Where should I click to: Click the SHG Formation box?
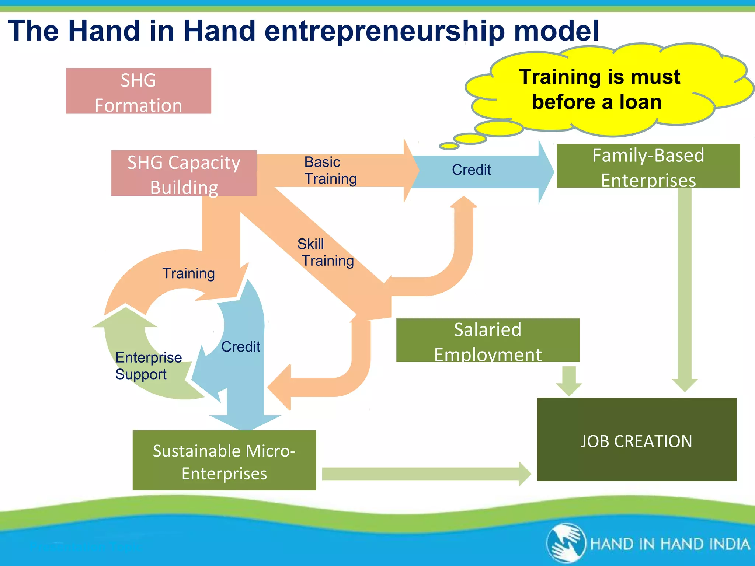pos(138,91)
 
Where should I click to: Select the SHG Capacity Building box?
pos(184,173)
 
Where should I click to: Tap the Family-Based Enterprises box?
pos(648,166)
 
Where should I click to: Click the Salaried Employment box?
pos(487,340)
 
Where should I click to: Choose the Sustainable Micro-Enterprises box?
pos(224,461)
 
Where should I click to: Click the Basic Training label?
pos(330,170)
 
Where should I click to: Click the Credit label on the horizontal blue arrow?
pos(471,170)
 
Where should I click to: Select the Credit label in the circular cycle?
pos(240,347)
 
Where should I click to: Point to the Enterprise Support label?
pos(148,366)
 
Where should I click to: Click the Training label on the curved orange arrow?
pos(188,273)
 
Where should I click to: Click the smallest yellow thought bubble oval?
pos(449,146)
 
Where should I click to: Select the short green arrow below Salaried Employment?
pos(569,380)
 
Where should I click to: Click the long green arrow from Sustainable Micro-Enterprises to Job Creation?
pos(424,474)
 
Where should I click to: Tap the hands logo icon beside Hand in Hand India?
pos(566,543)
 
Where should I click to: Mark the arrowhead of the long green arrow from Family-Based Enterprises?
pos(685,385)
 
